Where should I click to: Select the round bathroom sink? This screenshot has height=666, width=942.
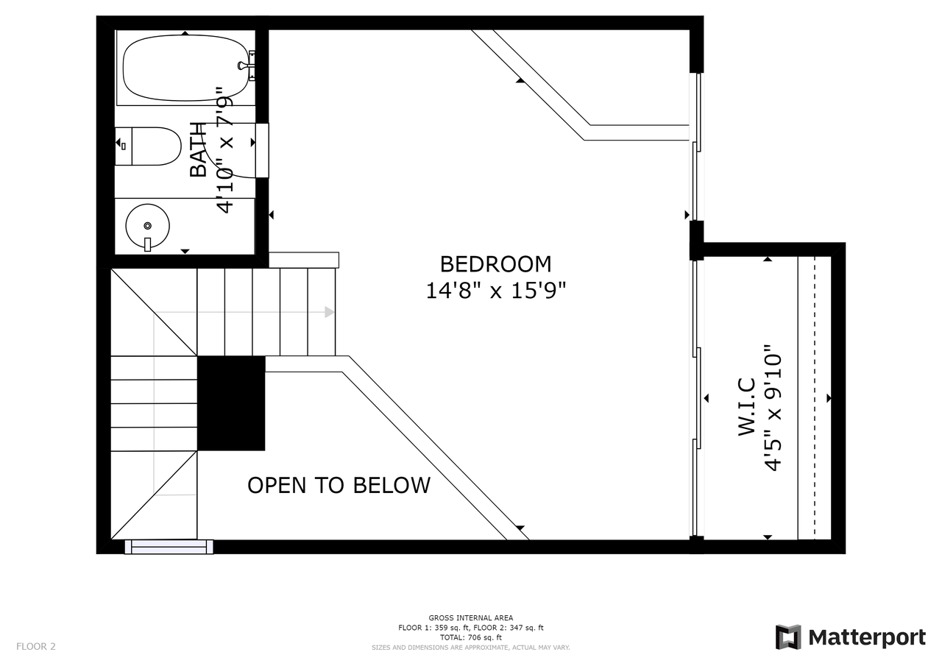click(147, 226)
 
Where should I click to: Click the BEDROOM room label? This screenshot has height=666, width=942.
click(495, 264)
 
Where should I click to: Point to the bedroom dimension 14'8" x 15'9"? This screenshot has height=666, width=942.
click(495, 291)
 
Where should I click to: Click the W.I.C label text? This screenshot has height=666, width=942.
click(747, 406)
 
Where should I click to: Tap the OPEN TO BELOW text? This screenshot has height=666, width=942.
click(339, 486)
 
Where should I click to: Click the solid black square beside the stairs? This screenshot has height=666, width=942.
click(231, 403)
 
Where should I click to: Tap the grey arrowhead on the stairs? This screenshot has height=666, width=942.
click(330, 312)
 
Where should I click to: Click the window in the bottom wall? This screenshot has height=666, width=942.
click(169, 547)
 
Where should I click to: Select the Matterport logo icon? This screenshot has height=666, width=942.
click(788, 637)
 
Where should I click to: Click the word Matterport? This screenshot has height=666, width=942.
click(867, 637)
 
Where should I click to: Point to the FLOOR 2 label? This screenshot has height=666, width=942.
click(36, 647)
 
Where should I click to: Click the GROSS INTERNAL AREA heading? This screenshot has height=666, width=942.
click(471, 618)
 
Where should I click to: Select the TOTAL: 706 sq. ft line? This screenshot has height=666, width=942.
click(471, 637)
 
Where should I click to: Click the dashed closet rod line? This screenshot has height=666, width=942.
click(815, 397)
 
